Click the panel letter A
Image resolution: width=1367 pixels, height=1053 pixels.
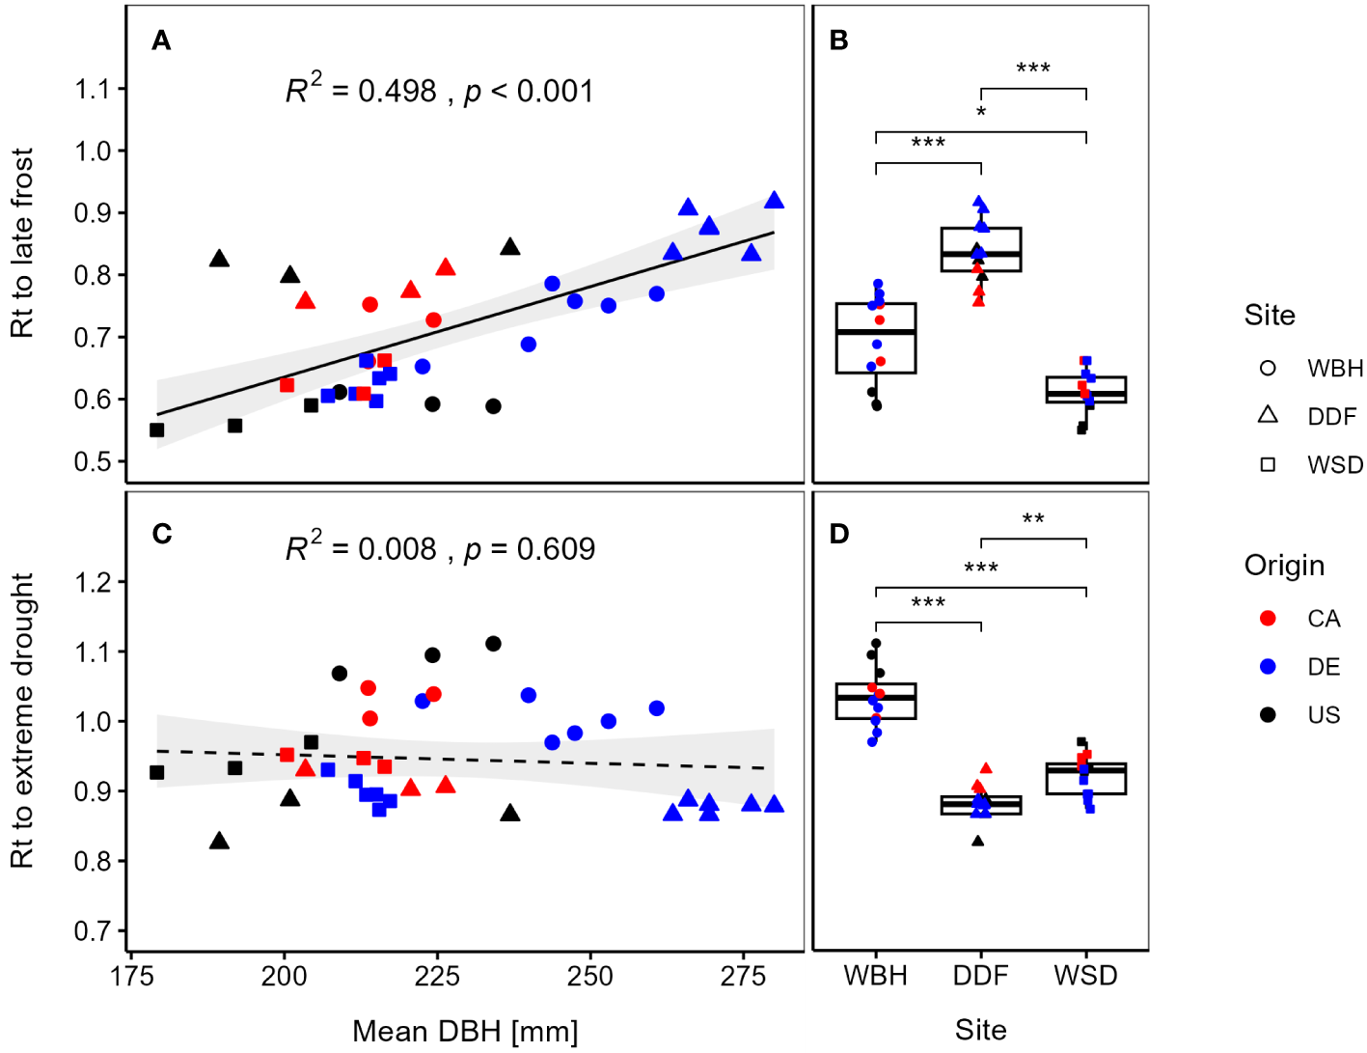[161, 41]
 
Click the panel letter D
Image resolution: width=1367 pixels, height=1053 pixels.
[839, 534]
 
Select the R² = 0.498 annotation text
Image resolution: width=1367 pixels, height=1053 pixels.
[361, 91]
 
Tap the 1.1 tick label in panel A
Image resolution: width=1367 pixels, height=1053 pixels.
[93, 90]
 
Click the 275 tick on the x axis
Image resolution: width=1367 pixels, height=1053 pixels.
[743, 977]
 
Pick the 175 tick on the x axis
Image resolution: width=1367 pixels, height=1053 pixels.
[132, 977]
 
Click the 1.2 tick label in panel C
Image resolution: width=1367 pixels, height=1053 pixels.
[93, 582]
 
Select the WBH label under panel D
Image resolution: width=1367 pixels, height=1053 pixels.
[876, 976]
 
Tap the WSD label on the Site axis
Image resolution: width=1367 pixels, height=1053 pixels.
[1085, 976]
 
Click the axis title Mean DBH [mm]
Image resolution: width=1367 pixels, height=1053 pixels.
[465, 1031]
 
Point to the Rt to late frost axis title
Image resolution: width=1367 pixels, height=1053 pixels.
[22, 242]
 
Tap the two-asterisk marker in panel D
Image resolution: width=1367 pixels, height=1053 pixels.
[1033, 520]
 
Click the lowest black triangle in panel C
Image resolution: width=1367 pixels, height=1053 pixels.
[220, 842]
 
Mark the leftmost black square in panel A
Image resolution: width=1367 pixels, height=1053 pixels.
[157, 430]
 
